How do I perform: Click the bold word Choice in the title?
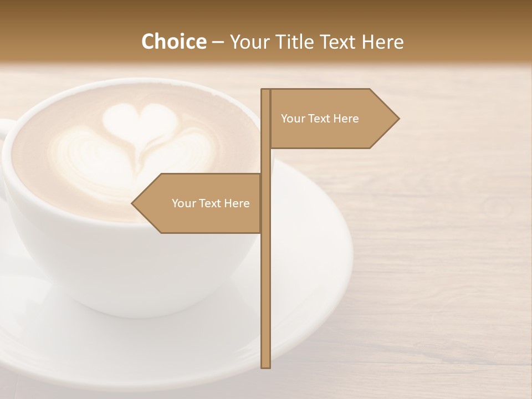point(173,42)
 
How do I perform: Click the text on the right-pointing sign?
point(320,119)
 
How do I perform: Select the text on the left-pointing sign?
point(211,203)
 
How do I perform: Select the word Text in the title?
point(340,42)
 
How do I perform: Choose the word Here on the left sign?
point(237,203)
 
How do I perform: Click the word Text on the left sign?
point(209,203)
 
